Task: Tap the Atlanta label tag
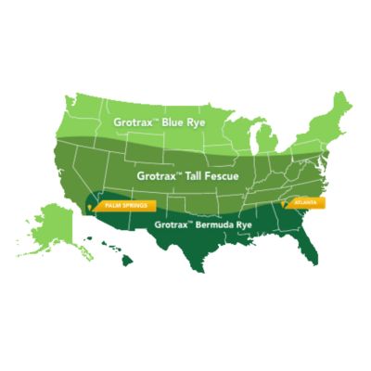tap(306, 200)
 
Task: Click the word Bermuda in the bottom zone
tap(205, 224)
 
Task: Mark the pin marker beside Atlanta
tap(284, 201)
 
